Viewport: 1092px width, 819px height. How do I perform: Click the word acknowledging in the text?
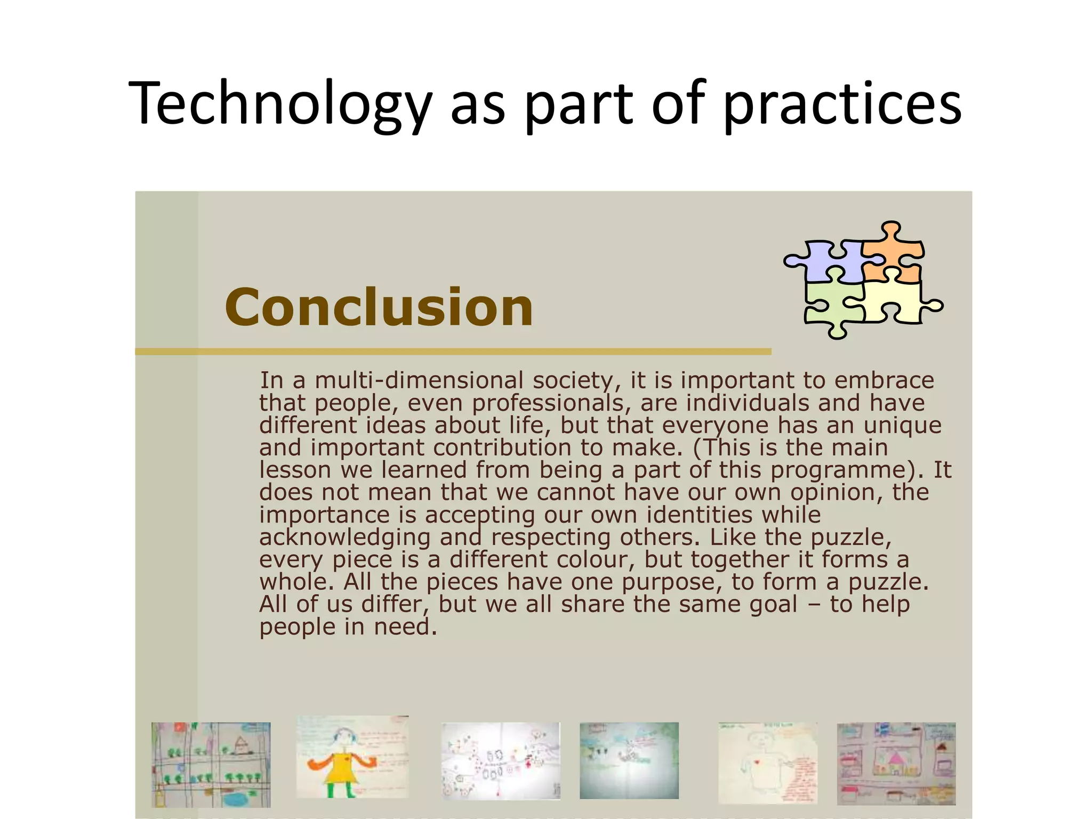pyautogui.click(x=344, y=537)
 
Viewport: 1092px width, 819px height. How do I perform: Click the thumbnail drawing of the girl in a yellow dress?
pyautogui.click(x=352, y=757)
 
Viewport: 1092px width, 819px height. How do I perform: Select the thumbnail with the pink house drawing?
pyautogui.click(x=896, y=764)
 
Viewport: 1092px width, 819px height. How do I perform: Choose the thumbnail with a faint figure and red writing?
pyautogui.click(x=768, y=762)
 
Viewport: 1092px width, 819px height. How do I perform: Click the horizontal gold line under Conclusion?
pyautogui.click(x=453, y=352)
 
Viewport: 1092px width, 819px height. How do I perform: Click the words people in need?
pyautogui.click(x=348, y=627)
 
